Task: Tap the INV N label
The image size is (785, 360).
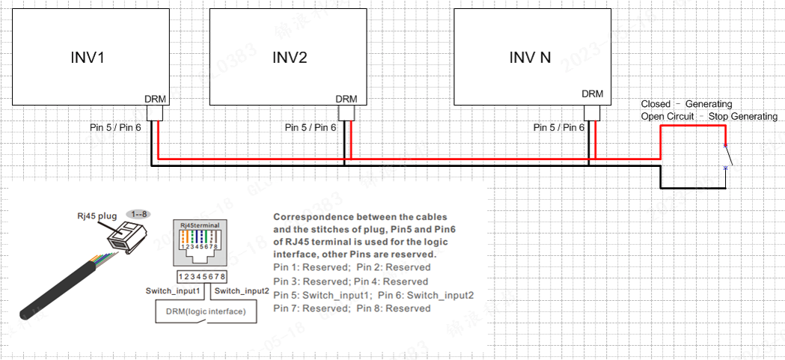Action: coord(530,58)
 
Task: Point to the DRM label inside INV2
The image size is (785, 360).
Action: coord(346,99)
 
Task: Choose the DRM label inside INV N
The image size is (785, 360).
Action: coord(592,94)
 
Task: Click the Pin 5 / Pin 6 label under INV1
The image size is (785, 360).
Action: coord(114,128)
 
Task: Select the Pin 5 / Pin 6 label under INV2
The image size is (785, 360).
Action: coord(311,128)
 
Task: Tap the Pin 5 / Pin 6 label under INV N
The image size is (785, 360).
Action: coord(559,128)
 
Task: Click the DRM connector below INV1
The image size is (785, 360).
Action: coord(156,114)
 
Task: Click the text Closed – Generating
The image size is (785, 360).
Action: coord(686,104)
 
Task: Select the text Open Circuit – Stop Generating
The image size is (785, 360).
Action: coord(709,117)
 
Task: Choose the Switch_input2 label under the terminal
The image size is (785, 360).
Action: coord(241,290)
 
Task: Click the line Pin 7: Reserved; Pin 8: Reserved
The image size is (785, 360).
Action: coord(352,308)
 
